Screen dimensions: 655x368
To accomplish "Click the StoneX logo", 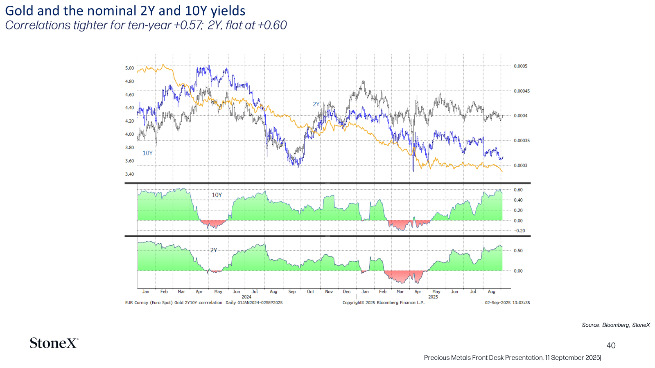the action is point(54,343).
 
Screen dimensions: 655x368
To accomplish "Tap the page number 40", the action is point(611,346).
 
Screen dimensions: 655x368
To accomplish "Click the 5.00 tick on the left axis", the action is point(129,68).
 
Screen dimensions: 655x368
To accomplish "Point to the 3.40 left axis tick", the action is point(129,174).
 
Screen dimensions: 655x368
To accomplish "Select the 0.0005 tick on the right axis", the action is point(521,66).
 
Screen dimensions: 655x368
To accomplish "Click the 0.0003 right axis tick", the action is point(521,166).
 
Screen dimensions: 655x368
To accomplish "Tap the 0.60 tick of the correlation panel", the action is point(518,190).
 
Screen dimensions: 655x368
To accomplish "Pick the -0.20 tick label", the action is point(519,231).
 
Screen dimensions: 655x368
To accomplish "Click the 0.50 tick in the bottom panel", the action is point(518,251).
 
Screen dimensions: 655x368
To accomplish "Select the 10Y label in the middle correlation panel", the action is point(217,195).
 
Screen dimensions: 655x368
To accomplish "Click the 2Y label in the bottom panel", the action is point(214,250).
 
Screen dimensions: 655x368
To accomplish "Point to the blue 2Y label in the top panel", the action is point(316,104).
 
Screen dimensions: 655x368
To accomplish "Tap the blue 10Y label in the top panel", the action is point(148,153).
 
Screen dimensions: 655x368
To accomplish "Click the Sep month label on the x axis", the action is point(292,292).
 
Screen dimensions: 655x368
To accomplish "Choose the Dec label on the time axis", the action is point(346,292).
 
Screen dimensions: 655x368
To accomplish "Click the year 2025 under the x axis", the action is point(433,297).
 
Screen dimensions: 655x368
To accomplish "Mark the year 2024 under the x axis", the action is point(246,297).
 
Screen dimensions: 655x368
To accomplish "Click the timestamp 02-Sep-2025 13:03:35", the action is point(507,303).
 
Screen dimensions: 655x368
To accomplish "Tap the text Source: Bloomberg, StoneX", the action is point(616,325).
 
